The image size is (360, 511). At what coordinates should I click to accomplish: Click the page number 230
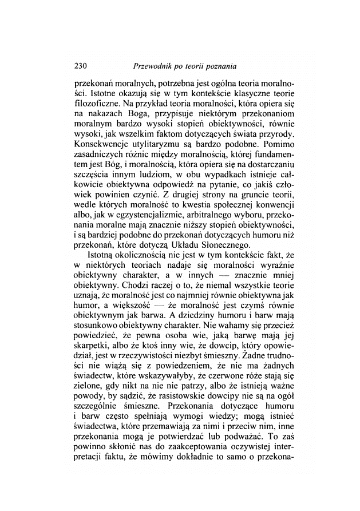coord(84,65)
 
